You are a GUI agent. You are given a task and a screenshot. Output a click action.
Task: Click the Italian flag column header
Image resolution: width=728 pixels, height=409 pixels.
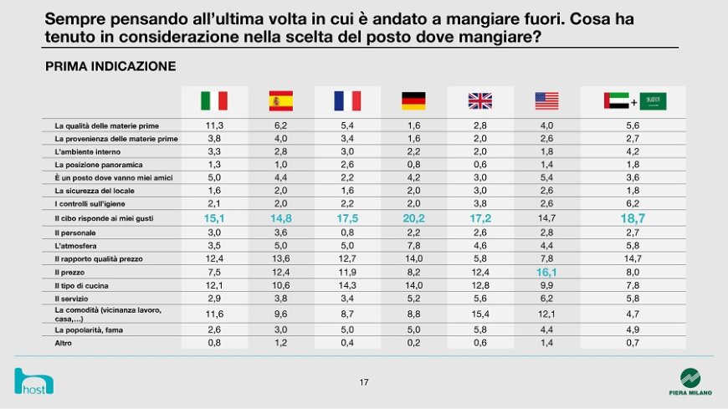(x=214, y=101)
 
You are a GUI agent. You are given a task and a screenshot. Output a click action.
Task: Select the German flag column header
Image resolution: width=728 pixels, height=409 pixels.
(x=413, y=101)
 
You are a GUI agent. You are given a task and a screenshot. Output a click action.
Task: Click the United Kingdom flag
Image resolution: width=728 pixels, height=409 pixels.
(x=479, y=101)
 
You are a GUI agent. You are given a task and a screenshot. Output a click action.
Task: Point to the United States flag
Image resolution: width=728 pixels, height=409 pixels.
(x=546, y=101)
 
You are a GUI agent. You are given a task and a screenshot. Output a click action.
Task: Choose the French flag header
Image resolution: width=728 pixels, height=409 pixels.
(x=346, y=101)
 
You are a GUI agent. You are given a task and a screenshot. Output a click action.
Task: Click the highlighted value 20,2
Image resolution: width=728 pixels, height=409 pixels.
(x=413, y=218)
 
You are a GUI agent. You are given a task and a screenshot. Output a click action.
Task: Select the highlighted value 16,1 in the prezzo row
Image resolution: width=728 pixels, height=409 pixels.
(x=546, y=272)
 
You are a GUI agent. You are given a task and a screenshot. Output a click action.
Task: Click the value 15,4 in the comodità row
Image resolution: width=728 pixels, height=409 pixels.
(x=479, y=313)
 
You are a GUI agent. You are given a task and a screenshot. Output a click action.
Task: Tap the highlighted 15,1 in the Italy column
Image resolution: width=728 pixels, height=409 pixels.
(x=214, y=218)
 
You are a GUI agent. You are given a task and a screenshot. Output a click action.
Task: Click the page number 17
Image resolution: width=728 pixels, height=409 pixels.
(x=364, y=382)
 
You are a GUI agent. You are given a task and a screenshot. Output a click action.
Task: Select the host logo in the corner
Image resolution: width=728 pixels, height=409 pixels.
(x=34, y=381)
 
